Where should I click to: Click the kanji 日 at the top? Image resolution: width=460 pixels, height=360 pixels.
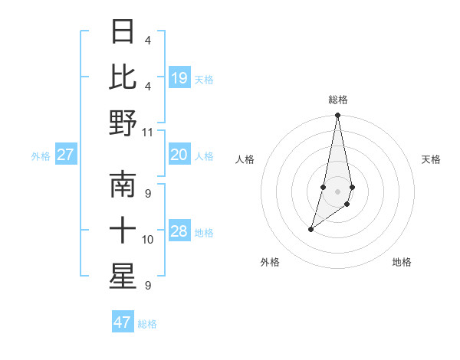tap(123, 32)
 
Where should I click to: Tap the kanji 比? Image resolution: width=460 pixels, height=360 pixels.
tap(123, 77)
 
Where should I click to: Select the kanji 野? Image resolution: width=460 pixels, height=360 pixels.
tap(123, 123)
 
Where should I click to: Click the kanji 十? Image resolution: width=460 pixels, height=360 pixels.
tap(123, 231)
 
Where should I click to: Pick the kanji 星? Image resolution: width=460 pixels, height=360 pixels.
tap(123, 277)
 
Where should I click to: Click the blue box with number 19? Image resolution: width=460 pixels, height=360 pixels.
tap(179, 77)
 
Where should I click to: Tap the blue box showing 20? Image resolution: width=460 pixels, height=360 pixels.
tap(179, 155)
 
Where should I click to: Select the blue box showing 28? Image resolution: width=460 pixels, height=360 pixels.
tap(179, 231)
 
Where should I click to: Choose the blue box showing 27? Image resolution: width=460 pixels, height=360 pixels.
tap(66, 155)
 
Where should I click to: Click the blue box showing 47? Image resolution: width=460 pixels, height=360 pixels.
tap(123, 322)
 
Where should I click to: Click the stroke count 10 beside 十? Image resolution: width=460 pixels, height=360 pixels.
tap(148, 240)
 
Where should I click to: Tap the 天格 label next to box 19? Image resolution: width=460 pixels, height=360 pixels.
tap(204, 79)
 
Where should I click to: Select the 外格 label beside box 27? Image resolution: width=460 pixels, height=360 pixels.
tap(41, 155)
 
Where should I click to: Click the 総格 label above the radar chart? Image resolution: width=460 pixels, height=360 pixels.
tap(338, 100)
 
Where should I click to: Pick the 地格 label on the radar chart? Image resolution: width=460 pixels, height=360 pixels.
tap(402, 262)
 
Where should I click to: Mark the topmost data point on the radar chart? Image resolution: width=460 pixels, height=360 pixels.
tap(338, 116)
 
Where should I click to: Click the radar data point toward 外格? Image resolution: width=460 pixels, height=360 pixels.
tap(310, 229)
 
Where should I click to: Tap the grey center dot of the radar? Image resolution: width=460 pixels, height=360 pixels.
tap(338, 191)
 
